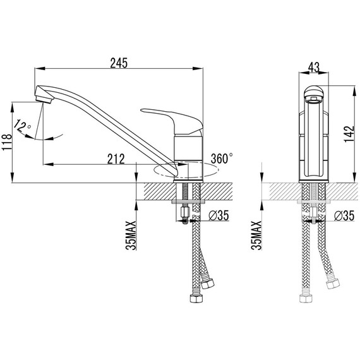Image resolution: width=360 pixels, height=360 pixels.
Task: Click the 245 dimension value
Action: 119,63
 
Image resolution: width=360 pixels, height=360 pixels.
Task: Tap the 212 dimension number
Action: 116,159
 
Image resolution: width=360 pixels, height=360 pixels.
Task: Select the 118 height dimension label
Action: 7,142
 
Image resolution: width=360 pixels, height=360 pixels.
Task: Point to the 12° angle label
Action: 22,126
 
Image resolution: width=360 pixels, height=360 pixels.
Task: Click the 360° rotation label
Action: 222,158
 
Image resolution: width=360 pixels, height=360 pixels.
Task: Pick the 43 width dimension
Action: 314,67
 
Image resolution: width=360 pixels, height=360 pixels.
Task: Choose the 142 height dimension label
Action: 349,134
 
